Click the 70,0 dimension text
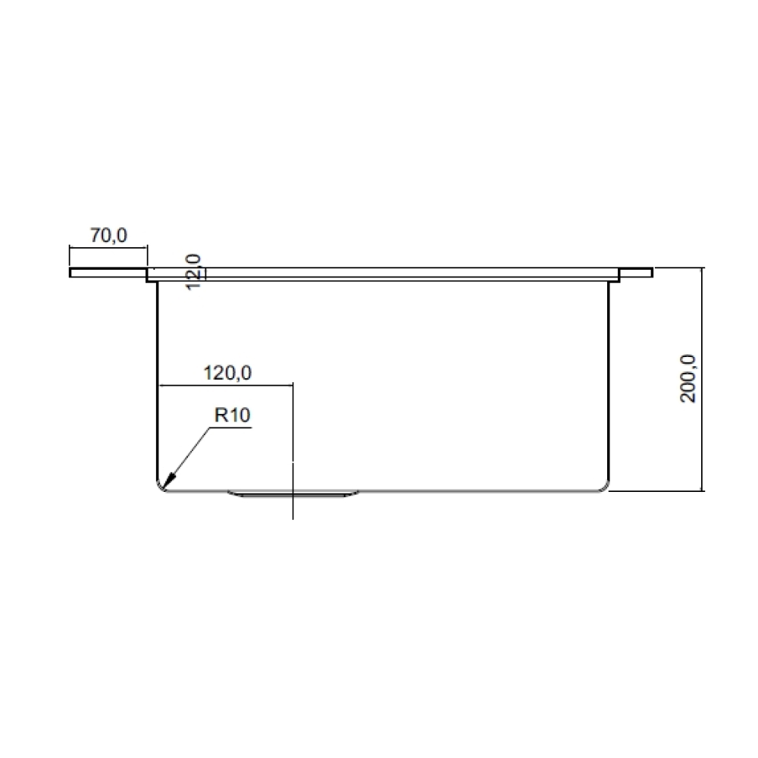click(108, 236)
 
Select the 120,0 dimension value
click(227, 373)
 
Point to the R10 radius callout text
click(232, 415)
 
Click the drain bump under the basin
click(293, 495)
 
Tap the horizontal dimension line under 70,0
click(108, 247)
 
